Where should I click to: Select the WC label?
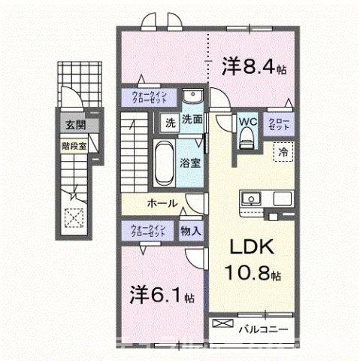pyautogui.click(x=247, y=120)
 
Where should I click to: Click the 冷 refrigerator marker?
pyautogui.click(x=283, y=152)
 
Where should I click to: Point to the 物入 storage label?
pyautogui.click(x=190, y=232)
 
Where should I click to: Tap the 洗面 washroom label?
pyautogui.click(x=192, y=119)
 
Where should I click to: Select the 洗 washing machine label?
pyautogui.click(x=170, y=120)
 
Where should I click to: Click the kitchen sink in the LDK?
pyautogui.click(x=250, y=199)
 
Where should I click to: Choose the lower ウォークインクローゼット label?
pyautogui.click(x=148, y=230)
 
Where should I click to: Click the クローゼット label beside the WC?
pyautogui.click(x=280, y=123)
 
